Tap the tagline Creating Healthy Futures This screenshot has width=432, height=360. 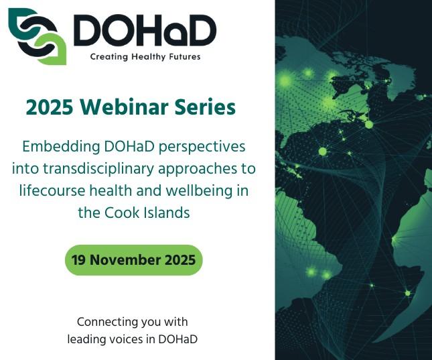[x=145, y=57]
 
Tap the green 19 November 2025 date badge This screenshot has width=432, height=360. [x=133, y=260]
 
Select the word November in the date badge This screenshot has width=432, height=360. [x=128, y=260]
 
